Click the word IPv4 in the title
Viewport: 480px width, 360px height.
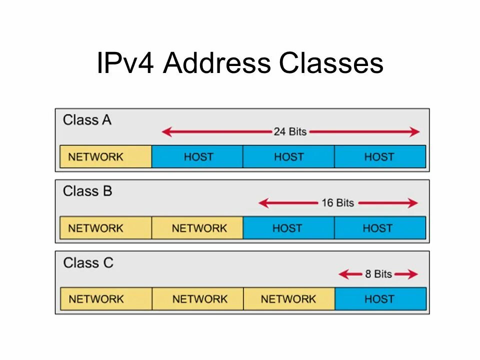126,63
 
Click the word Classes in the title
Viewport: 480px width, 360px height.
331,63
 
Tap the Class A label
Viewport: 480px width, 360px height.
87,120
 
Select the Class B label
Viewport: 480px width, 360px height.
87,191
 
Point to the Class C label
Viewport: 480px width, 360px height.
88,262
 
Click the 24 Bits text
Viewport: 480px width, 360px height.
290,132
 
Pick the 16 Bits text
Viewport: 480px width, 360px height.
337,203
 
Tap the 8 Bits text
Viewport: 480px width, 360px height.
378,274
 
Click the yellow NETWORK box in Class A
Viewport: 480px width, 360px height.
105,156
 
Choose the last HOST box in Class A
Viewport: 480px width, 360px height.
380,156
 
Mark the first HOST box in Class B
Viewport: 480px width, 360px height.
288,228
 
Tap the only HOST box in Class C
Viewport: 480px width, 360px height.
380,299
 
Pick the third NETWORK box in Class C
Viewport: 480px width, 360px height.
289,299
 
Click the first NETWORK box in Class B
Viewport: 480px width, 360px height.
105,228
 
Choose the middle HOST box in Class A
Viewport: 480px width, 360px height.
288,156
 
